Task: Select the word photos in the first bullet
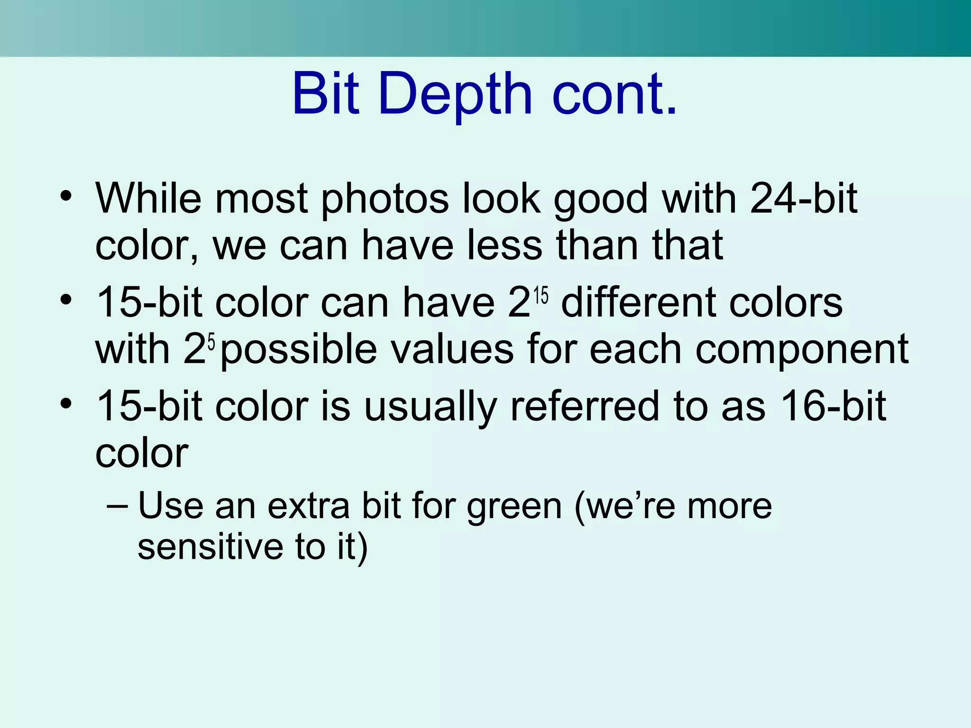[x=385, y=199]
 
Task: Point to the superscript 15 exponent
[x=540, y=296]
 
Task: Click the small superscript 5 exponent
[x=211, y=341]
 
